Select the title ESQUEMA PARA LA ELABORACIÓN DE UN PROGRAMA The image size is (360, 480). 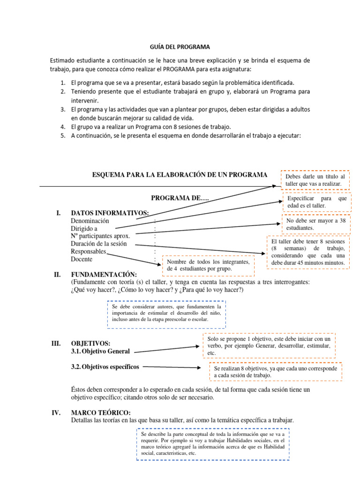(180, 175)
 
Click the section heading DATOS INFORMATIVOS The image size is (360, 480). (110, 213)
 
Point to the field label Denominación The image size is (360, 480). (90, 220)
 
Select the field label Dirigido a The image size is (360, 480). (84, 228)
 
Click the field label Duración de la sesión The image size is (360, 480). (99, 244)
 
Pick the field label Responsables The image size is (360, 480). (89, 252)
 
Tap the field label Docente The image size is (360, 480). (82, 259)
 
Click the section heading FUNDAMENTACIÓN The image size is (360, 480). (104, 274)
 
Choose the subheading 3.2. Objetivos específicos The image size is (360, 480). (105, 367)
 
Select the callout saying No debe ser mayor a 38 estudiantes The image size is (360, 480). (315, 224)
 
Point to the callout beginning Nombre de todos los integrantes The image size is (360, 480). (209, 265)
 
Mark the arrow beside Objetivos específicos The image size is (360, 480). (173, 367)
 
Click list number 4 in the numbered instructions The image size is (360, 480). (62, 127)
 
